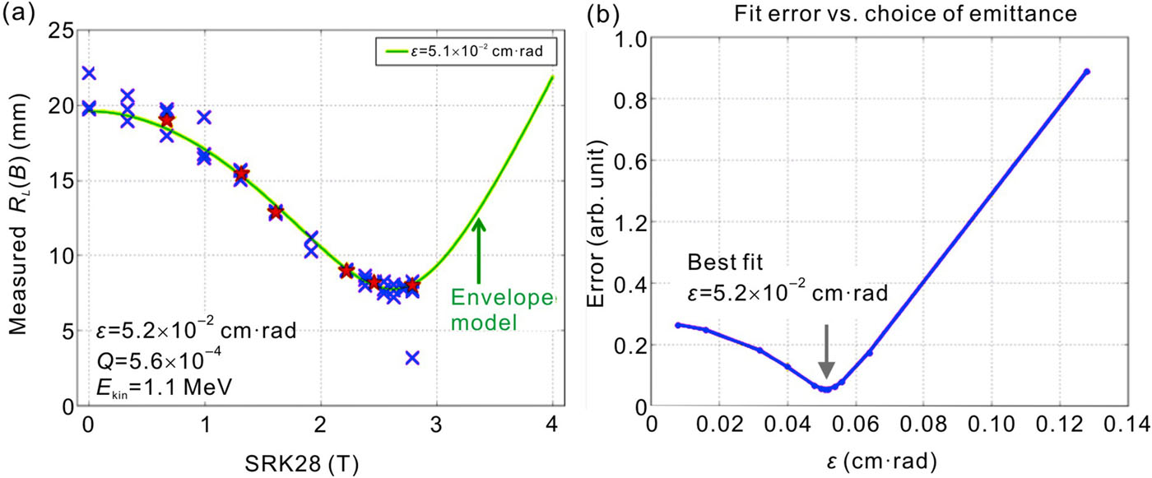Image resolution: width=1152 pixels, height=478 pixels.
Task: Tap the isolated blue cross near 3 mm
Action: pyautogui.click(x=412, y=357)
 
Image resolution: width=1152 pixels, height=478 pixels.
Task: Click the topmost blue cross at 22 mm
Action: pyautogui.click(x=88, y=73)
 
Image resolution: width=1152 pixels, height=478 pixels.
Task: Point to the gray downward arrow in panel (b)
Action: pyautogui.click(x=827, y=351)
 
